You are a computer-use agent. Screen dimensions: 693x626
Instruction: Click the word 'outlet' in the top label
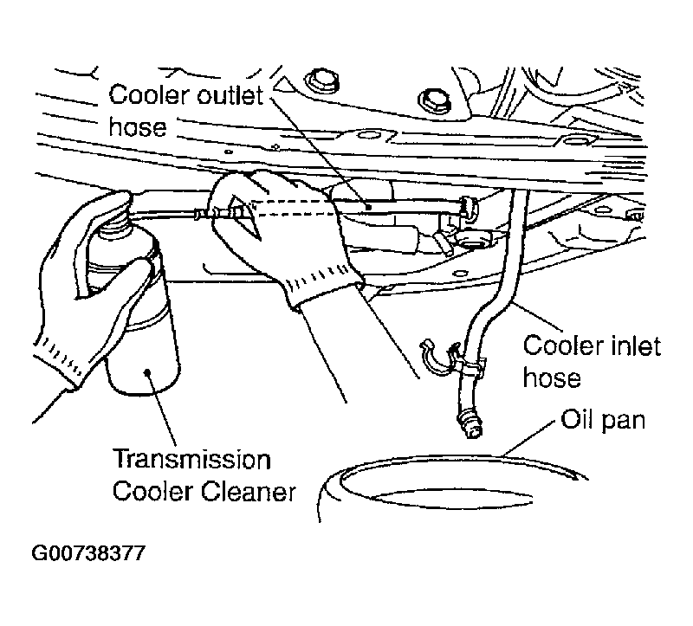(230, 95)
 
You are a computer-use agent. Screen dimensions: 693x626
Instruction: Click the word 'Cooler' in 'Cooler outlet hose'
(150, 95)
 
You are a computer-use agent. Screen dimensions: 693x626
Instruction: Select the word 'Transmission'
(192, 460)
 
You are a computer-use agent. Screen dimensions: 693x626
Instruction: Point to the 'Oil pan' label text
(603, 420)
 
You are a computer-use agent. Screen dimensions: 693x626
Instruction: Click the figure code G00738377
(88, 552)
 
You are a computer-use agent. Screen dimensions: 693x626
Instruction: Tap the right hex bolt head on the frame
(435, 101)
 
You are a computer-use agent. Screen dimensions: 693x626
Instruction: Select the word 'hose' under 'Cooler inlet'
(552, 378)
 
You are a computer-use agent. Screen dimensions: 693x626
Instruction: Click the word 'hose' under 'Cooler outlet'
(138, 126)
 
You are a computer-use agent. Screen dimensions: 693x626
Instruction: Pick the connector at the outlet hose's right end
(470, 209)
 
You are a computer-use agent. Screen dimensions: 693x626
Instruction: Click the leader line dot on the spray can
(148, 373)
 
